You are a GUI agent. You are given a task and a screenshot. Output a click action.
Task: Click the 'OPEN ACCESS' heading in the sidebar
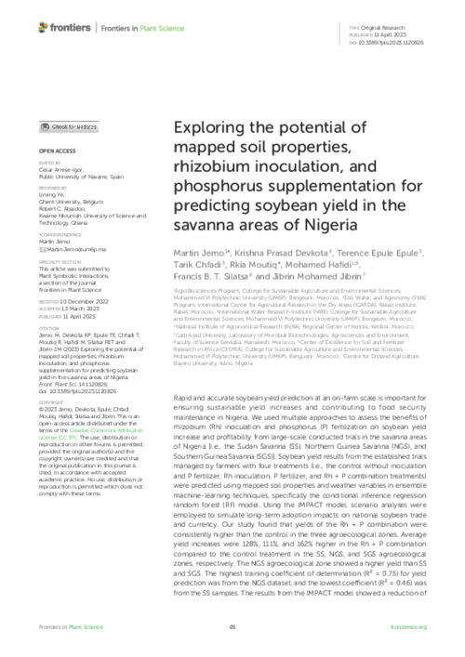[57, 150]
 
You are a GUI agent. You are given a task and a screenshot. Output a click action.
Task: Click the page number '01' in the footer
[232, 642]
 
